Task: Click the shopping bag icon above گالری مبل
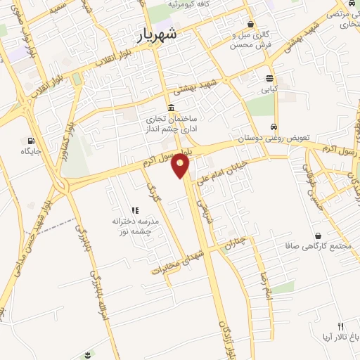point(250,24)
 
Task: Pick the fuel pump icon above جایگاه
point(30,139)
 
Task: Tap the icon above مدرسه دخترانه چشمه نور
point(137,209)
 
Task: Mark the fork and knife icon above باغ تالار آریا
point(341,326)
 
